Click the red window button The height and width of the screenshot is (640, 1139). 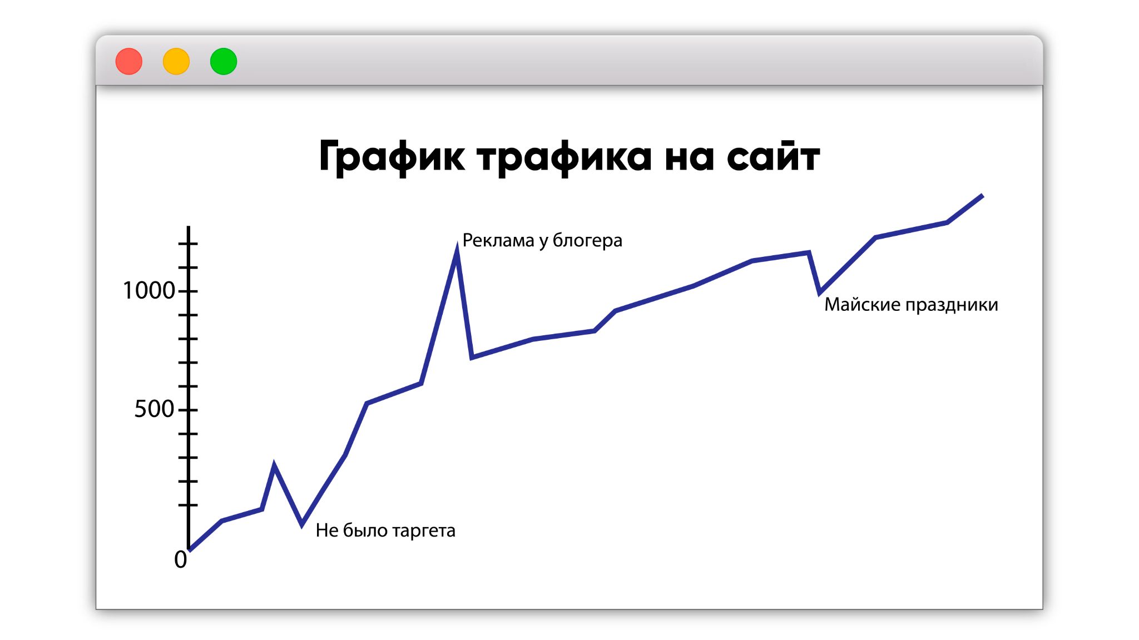pos(129,61)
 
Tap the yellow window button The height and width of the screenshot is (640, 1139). pos(176,61)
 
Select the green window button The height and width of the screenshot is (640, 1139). pos(224,61)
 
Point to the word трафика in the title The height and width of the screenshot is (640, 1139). pos(564,157)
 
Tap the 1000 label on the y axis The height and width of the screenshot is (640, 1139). pos(148,290)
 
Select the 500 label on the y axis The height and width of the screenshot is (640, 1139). pos(154,409)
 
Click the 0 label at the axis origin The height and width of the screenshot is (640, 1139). pos(180,559)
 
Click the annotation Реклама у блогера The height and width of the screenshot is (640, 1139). pos(542,241)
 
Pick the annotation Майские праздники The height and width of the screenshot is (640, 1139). pos(911,305)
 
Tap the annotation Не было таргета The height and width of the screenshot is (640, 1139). pos(385,530)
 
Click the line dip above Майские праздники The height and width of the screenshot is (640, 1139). pos(820,292)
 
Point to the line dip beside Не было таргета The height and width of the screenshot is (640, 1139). pos(302,523)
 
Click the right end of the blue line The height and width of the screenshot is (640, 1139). pos(983,195)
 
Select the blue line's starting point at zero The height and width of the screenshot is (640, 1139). pos(190,549)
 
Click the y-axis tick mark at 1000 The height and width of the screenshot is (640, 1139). pos(188,291)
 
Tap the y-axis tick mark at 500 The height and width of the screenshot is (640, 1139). pos(188,410)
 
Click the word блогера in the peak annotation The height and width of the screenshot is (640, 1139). pos(587,241)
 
